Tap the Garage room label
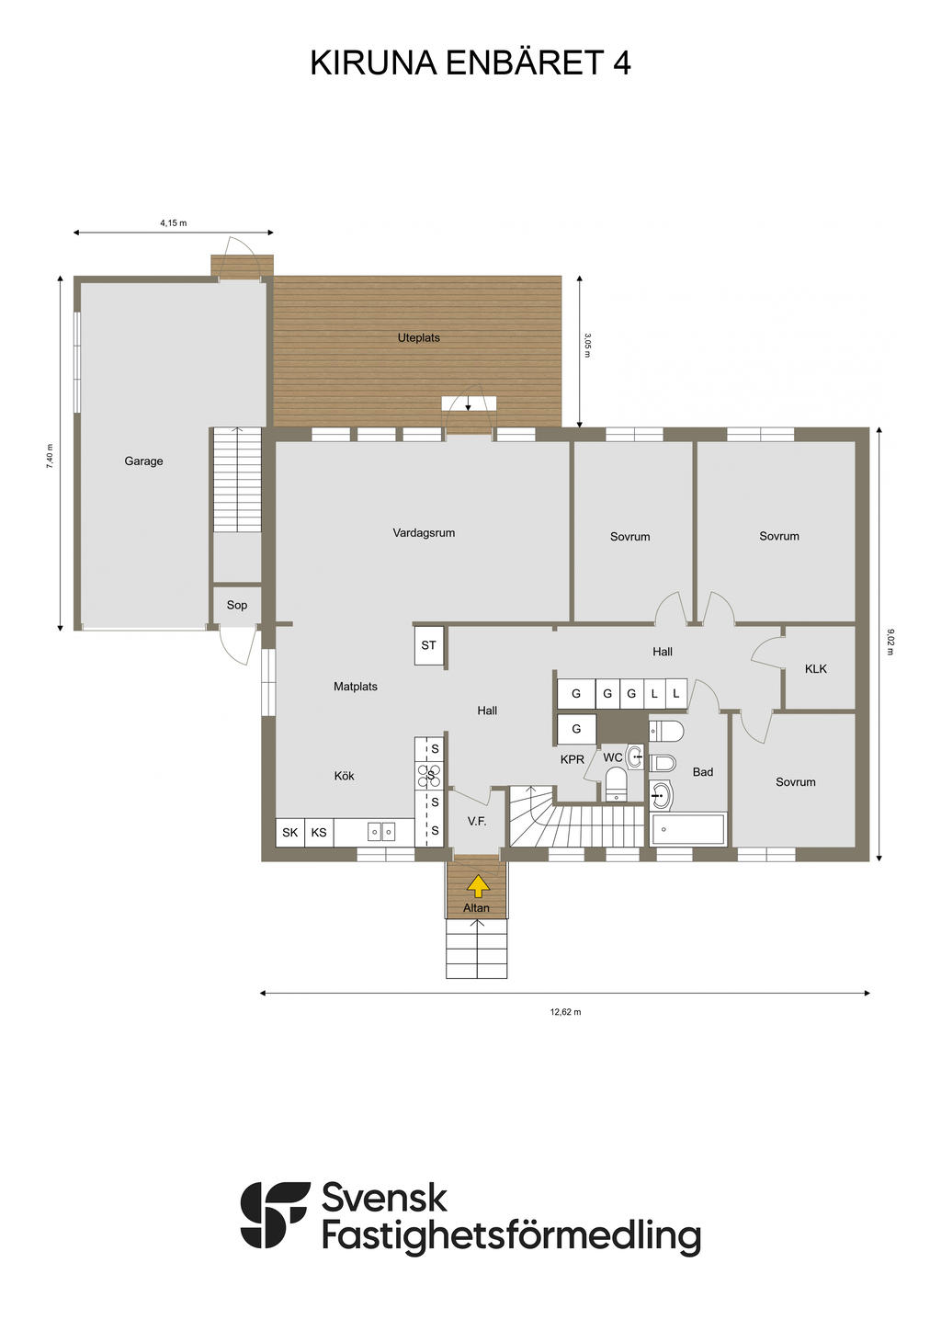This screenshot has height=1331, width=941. click(143, 461)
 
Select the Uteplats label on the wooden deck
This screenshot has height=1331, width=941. click(418, 337)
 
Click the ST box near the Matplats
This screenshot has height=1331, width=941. click(429, 644)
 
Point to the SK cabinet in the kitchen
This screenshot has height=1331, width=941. click(289, 833)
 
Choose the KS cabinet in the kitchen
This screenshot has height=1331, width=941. click(319, 833)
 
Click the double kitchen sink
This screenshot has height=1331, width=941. click(380, 831)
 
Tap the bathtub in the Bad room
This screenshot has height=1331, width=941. click(688, 829)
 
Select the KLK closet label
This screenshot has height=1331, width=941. click(815, 668)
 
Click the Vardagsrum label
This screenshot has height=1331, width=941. click(424, 532)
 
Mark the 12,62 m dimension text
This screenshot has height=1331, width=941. click(565, 1012)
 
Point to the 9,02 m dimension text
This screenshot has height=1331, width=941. click(890, 642)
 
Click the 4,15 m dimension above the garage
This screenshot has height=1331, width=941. click(173, 222)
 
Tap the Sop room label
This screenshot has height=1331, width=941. click(236, 605)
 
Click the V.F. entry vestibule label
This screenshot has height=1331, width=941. click(476, 821)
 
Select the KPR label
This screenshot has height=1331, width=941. click(573, 758)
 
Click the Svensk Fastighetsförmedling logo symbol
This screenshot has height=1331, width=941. click(275, 1215)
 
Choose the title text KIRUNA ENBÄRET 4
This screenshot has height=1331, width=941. click(470, 63)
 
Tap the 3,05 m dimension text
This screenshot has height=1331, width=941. click(587, 345)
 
